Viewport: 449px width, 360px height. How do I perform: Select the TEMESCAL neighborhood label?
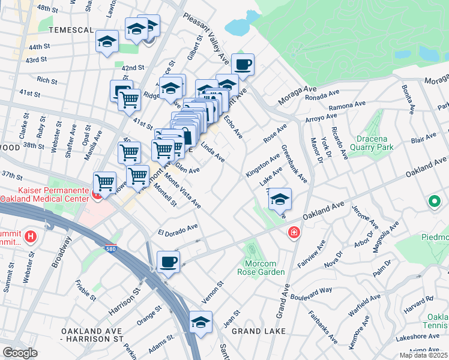click(x=71, y=30)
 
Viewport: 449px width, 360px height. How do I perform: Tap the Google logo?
click(x=20, y=353)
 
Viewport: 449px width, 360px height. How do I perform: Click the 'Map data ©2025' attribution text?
click(x=423, y=355)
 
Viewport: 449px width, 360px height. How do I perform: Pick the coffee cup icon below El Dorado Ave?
click(x=168, y=262)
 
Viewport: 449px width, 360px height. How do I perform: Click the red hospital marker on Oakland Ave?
click(x=294, y=232)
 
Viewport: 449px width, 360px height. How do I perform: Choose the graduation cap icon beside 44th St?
click(x=107, y=41)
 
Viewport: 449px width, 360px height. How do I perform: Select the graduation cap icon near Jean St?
click(x=200, y=322)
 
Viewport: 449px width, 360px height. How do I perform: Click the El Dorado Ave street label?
click(x=178, y=229)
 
